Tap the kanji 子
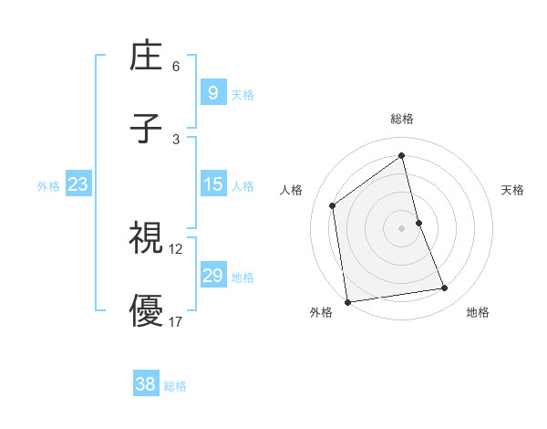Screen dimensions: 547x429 click(146, 128)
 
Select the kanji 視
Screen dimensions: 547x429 click(146, 238)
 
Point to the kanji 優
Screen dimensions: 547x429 click(146, 310)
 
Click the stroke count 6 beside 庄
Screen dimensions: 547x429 click(176, 67)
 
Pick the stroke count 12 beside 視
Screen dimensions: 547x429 click(176, 248)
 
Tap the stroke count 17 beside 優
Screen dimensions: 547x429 click(176, 321)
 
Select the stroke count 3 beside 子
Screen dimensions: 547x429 click(176, 139)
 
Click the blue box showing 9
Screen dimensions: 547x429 click(212, 93)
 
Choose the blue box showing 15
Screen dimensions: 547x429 click(212, 184)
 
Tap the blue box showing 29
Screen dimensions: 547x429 click(212, 276)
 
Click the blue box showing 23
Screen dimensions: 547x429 click(77, 184)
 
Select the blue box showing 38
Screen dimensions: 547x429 click(145, 384)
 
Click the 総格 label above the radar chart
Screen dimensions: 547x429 click(401, 119)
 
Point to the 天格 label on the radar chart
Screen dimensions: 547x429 click(512, 190)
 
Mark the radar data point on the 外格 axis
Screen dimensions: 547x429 click(346, 301)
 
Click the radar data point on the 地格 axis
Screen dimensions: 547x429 click(445, 288)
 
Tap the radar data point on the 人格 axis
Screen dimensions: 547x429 click(333, 205)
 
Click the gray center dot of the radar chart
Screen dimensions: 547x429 click(401, 227)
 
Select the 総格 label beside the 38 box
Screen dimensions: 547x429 click(175, 385)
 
